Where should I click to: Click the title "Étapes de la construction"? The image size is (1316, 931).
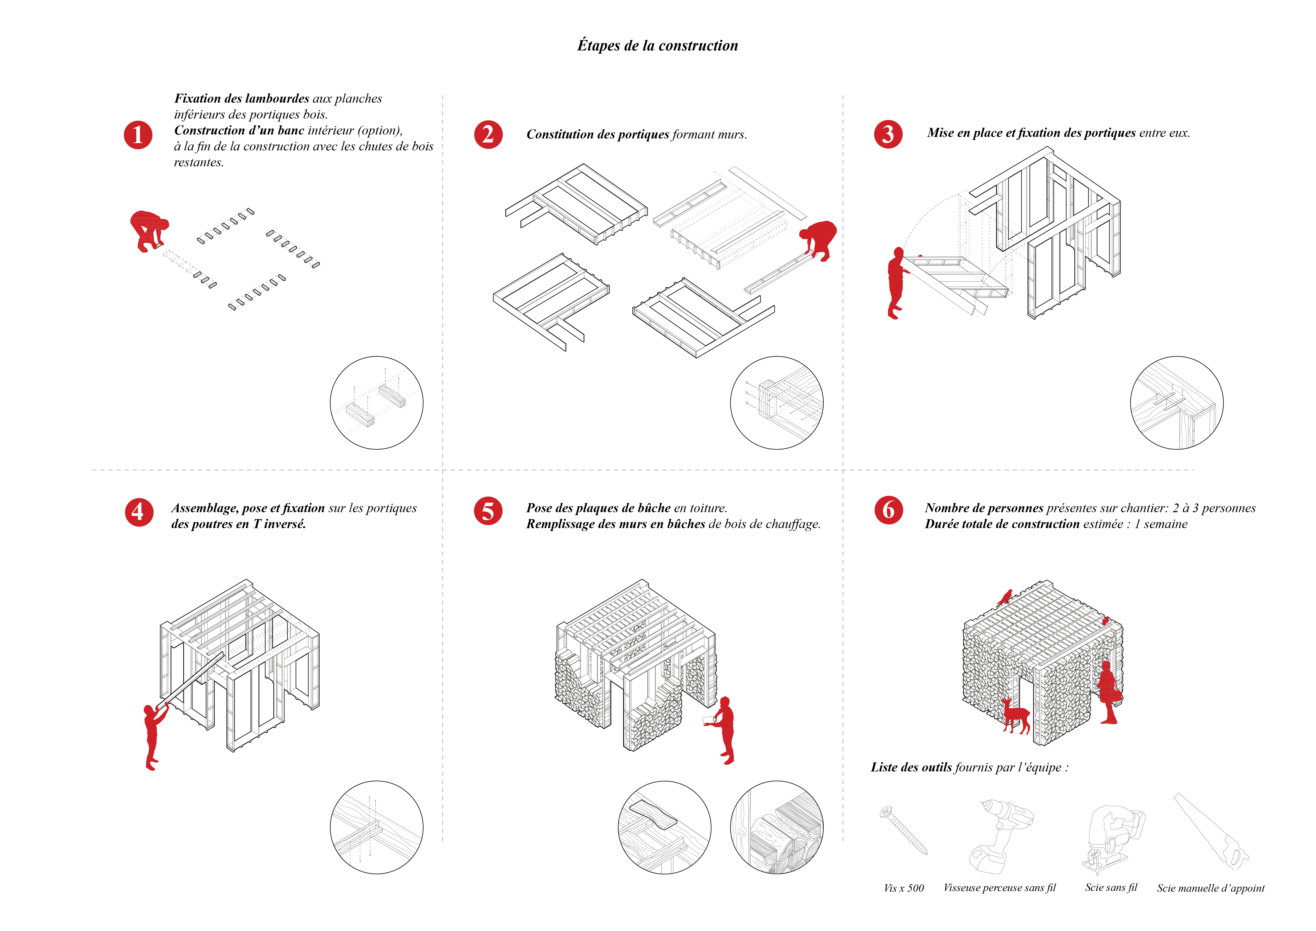click(657, 46)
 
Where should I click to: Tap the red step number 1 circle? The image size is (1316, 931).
click(138, 135)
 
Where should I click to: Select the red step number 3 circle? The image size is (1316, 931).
click(888, 134)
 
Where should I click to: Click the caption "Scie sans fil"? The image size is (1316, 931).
click(1111, 887)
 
